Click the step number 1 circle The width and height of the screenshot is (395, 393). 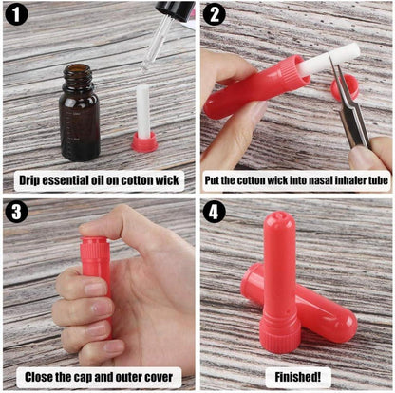[16, 15]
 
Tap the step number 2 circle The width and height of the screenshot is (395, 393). [214, 15]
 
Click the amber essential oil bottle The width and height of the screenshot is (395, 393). [79, 113]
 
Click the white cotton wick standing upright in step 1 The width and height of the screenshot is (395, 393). [145, 109]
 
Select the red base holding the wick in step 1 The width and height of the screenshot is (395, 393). [144, 142]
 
